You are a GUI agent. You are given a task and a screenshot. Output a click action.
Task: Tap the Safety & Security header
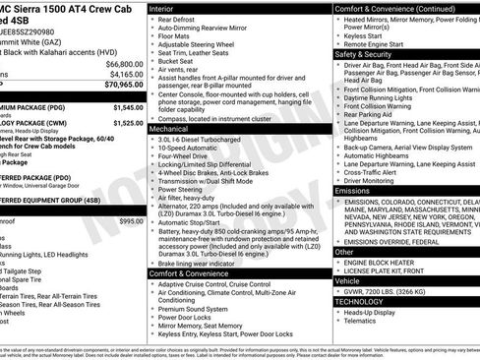coord(370,55)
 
